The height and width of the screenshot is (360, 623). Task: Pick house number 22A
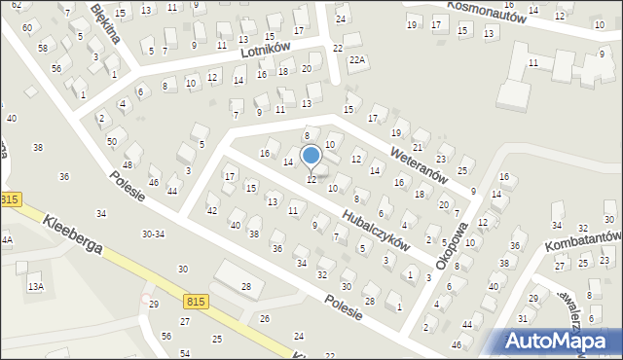coord(358,60)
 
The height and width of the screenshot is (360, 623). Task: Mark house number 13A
coord(35,286)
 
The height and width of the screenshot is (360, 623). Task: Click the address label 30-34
coord(153,234)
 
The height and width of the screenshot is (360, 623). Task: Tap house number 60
coord(28,29)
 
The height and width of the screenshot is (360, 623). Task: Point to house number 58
coord(43,48)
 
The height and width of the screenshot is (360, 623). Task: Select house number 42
coord(212,210)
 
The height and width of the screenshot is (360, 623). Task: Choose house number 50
coord(112,142)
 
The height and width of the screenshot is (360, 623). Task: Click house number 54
coord(185,352)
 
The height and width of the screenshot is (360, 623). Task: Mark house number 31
coord(523,318)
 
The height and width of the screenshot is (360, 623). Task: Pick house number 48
coord(128,164)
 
